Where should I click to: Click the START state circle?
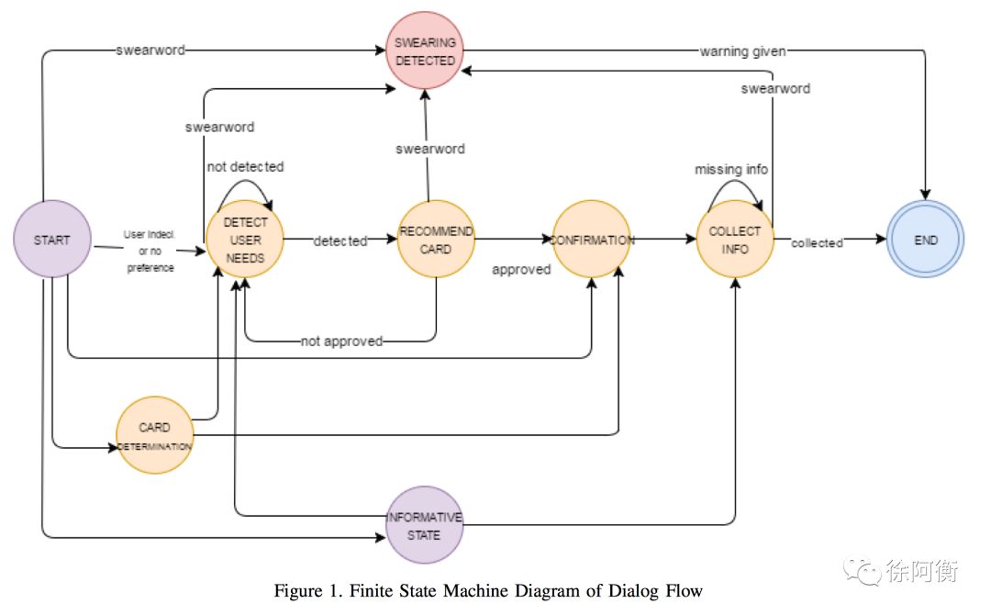51,239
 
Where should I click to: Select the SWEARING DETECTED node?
425,50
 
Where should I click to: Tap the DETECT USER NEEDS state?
245,240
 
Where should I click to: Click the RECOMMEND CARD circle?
436,240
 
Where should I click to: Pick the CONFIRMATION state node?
592,240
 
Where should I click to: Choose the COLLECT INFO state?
735,240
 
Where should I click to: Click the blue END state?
925,240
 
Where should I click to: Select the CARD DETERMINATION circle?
155,435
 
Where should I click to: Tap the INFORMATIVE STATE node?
424,525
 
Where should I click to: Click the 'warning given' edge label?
742,51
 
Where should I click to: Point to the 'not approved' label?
341,341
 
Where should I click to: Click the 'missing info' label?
731,170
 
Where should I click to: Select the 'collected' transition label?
817,242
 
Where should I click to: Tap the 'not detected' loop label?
245,167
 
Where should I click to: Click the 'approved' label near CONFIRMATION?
521,270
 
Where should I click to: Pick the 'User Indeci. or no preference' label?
150,251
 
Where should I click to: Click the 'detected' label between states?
340,240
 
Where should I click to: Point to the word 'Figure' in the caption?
298,592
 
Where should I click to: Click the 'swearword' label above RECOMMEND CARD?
429,150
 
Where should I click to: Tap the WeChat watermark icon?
862,571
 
